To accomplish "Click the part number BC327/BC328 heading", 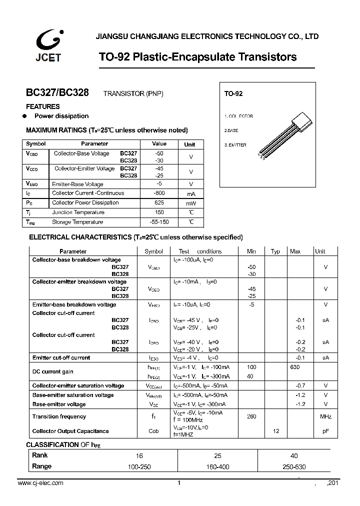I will [57, 93].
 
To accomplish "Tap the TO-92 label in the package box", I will [233, 94].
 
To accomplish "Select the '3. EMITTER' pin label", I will [235, 144].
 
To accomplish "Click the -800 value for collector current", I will [159, 193].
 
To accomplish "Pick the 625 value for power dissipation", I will [159, 202].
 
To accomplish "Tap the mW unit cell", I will [190, 203].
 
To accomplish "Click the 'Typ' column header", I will [275, 251].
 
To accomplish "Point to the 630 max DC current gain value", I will [295, 367].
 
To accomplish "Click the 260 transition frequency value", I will [251, 416].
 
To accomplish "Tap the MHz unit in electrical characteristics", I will [325, 416].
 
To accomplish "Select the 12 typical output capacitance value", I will [275, 431].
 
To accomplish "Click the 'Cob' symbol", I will [153, 431].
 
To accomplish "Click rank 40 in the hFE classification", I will [294, 455].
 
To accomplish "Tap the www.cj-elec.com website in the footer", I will [40, 483].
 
